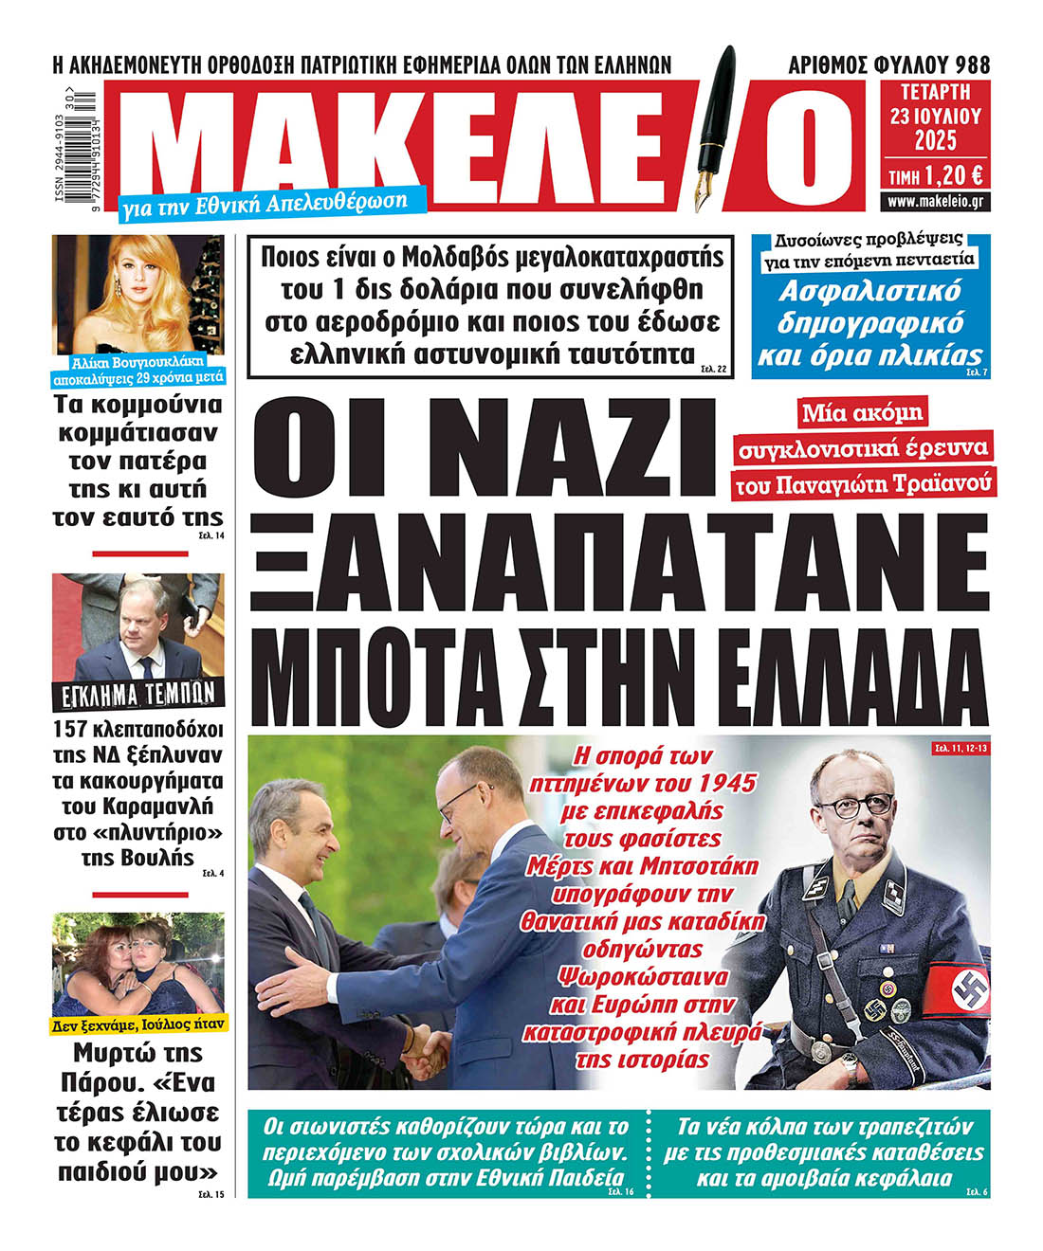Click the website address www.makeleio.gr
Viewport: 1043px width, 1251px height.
(x=936, y=202)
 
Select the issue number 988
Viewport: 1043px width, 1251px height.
(x=972, y=64)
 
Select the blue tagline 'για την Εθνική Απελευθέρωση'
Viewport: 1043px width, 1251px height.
(x=265, y=202)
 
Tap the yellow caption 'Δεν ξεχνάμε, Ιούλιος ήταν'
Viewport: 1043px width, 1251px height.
(x=138, y=1024)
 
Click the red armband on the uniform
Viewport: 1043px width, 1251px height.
(x=958, y=991)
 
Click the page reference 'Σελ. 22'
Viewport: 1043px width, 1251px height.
(x=715, y=368)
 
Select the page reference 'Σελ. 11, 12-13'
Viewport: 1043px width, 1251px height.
(x=960, y=749)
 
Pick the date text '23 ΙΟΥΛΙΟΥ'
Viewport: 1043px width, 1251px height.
(x=935, y=117)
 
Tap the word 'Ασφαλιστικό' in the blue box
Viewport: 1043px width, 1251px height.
(x=869, y=291)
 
